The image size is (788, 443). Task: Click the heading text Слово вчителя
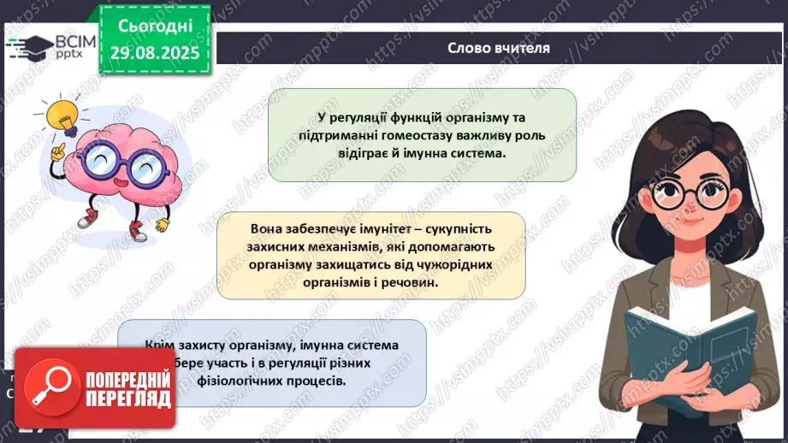499,49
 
